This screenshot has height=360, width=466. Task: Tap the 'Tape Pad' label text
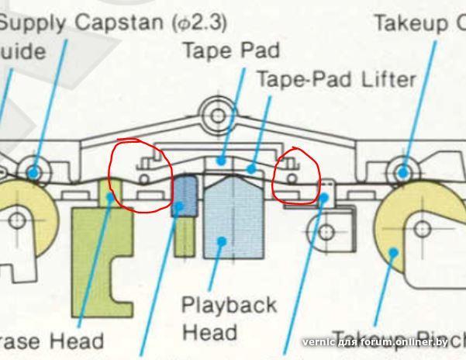coord(230,51)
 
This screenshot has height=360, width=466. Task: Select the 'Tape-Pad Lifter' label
coord(336,79)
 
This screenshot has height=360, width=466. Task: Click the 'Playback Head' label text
coord(228,318)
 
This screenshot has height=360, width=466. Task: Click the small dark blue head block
coord(184,197)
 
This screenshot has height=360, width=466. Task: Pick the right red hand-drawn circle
coord(297,176)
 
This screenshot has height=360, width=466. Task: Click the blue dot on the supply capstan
coord(33,171)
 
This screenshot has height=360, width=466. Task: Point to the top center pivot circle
coord(219,116)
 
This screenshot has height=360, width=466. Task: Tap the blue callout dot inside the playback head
coord(223,241)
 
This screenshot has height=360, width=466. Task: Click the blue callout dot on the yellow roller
coord(394,251)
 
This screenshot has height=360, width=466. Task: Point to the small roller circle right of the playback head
coord(326,231)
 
